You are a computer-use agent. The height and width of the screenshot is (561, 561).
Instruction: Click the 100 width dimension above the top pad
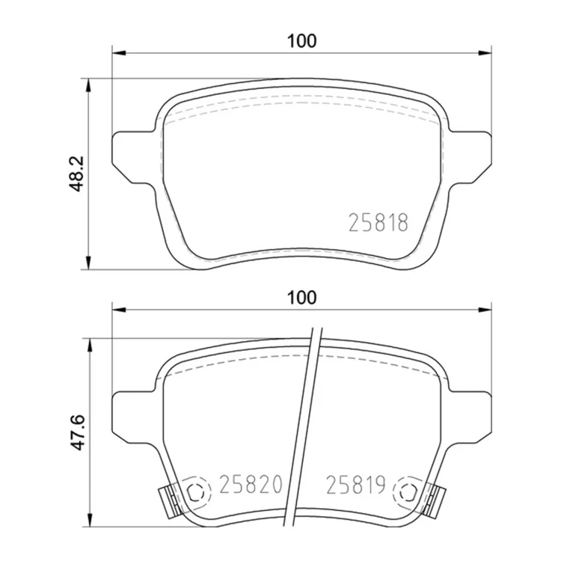(x=302, y=41)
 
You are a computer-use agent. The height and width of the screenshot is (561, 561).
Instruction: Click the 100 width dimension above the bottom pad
(x=302, y=298)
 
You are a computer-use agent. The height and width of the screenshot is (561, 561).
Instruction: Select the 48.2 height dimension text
(x=76, y=174)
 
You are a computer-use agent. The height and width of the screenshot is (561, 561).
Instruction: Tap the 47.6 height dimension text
(x=76, y=432)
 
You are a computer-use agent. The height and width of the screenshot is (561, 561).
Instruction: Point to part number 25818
(x=378, y=223)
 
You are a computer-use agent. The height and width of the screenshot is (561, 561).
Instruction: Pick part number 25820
(x=251, y=485)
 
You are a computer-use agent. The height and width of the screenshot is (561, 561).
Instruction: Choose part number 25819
(x=355, y=485)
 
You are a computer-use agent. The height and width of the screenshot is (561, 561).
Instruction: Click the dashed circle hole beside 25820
(x=195, y=492)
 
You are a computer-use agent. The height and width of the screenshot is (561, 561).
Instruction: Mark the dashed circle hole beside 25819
(x=408, y=492)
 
